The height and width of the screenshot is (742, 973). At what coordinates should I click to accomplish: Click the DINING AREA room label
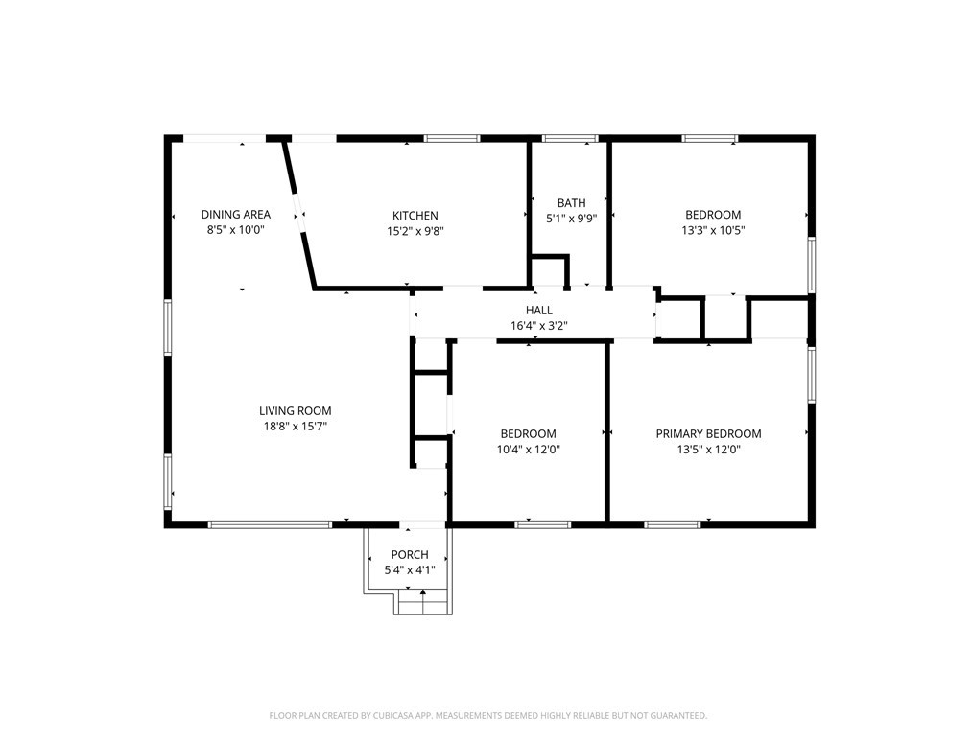(236, 215)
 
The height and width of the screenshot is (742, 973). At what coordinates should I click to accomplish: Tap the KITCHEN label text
(415, 216)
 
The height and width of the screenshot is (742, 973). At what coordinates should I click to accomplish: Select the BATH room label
(572, 202)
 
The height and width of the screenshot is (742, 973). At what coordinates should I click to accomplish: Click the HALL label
(539, 310)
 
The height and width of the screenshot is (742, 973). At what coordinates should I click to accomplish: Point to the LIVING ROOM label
(296, 410)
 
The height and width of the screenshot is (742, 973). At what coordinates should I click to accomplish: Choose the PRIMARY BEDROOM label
(709, 434)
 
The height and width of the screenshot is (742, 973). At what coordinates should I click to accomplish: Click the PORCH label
(410, 555)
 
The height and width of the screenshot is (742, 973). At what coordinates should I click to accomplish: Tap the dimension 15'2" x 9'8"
(415, 231)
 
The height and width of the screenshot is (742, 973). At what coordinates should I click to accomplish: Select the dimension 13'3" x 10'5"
(713, 231)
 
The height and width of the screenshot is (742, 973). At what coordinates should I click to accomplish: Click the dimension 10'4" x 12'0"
(529, 450)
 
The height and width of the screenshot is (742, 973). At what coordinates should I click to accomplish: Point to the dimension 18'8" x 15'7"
(296, 426)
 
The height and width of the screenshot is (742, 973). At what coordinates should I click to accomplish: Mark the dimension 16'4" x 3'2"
(539, 325)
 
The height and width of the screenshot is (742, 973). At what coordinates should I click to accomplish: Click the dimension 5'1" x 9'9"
(572, 219)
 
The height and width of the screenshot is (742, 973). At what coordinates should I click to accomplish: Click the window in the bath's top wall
(570, 139)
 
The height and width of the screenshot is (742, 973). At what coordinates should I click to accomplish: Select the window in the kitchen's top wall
(452, 139)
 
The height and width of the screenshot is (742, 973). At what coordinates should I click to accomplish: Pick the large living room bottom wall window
(270, 524)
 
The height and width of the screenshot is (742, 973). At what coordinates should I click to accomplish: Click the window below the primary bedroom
(673, 524)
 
